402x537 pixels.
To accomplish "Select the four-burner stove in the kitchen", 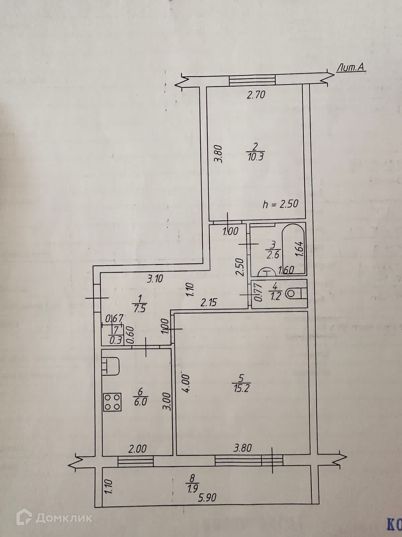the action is point(112,402).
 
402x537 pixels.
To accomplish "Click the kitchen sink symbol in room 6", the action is point(111,366).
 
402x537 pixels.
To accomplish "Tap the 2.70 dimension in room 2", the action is point(256,95).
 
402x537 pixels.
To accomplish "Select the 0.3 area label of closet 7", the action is point(116,340).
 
